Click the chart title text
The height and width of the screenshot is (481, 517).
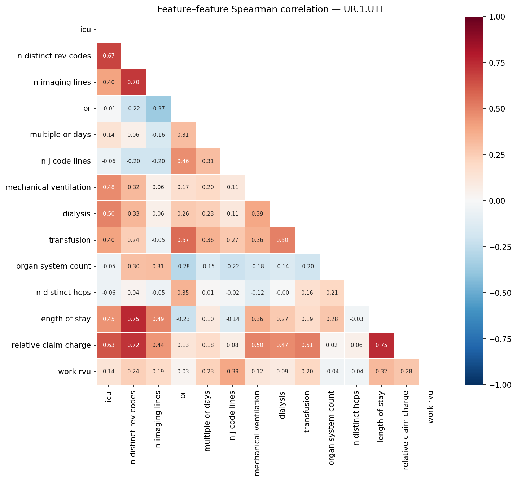pyautogui.click(x=270, y=9)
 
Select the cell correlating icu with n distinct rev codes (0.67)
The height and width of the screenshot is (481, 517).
pyautogui.click(x=109, y=56)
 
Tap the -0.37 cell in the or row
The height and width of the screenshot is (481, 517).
pyautogui.click(x=158, y=109)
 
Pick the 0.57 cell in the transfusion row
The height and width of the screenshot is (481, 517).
pyautogui.click(x=183, y=240)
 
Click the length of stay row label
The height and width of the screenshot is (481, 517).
pyautogui.click(x=65, y=319)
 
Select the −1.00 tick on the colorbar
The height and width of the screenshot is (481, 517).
pyautogui.click(x=501, y=385)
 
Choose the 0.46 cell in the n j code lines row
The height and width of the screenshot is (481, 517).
pyautogui.click(x=183, y=161)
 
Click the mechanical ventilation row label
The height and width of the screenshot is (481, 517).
pyautogui.click(x=48, y=187)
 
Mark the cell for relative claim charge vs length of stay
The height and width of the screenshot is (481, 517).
pyautogui.click(x=381, y=345)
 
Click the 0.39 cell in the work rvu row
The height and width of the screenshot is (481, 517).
pyautogui.click(x=232, y=372)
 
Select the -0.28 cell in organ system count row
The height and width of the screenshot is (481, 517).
pyautogui.click(x=183, y=266)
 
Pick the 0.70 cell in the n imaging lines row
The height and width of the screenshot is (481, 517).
pyautogui.click(x=133, y=82)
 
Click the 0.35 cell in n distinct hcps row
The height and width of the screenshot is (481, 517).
pyautogui.click(x=183, y=293)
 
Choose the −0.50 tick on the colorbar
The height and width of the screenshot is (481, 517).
pyautogui.click(x=501, y=293)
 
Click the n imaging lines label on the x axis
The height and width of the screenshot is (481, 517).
pyautogui.click(x=158, y=419)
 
